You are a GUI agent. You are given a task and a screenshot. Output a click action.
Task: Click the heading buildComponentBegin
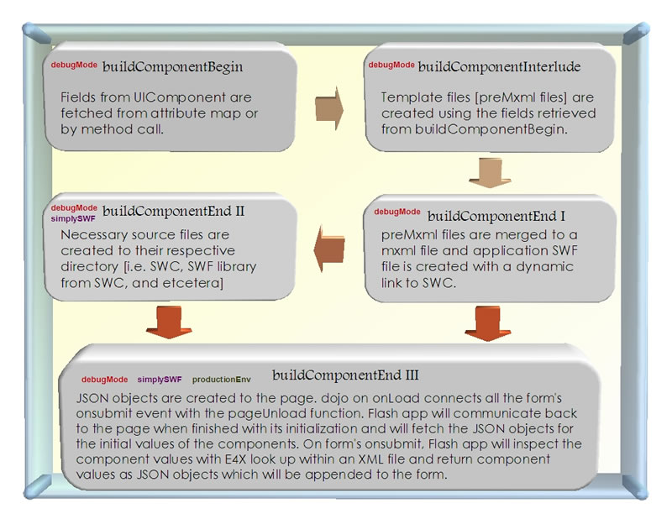coord(172,67)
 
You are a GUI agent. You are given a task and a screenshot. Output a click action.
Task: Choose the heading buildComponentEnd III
coord(346,375)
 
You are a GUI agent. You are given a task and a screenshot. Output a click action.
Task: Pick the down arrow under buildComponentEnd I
coord(482,322)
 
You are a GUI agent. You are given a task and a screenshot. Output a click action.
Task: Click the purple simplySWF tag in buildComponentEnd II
coord(73,218)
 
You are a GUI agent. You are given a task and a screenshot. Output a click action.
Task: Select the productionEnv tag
coord(222,380)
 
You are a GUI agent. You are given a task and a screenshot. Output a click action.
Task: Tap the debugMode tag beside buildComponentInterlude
coord(391,65)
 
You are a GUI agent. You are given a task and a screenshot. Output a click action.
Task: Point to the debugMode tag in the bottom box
coord(105,380)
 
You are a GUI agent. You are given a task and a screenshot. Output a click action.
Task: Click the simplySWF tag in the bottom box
coord(160,380)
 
